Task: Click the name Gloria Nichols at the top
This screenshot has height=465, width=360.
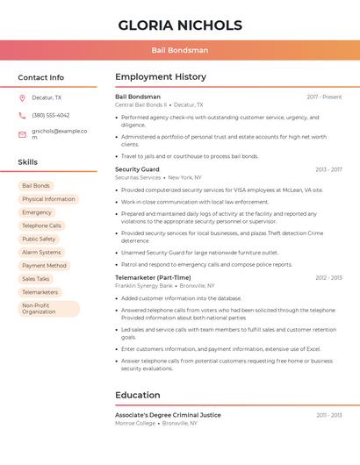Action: [x=180, y=25]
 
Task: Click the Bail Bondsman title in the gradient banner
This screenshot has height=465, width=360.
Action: [x=180, y=50]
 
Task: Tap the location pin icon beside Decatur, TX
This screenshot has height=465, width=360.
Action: [x=22, y=98]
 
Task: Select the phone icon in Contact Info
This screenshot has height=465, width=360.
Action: [x=22, y=115]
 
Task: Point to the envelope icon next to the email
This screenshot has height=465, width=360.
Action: [x=22, y=134]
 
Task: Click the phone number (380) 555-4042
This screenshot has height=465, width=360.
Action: [x=51, y=115]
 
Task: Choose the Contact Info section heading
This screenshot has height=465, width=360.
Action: [x=41, y=77]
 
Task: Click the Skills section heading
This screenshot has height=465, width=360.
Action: [x=28, y=162]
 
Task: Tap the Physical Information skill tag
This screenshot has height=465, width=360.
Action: [x=48, y=199]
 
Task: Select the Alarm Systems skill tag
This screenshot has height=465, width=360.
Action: [x=41, y=252]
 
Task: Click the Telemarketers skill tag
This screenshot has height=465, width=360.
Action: [x=40, y=292]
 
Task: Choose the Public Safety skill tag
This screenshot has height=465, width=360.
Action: [x=39, y=239]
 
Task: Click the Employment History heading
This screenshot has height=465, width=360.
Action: [x=161, y=77]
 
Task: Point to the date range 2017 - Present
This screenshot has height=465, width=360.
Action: [x=324, y=97]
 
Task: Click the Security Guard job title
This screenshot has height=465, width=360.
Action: [x=137, y=169]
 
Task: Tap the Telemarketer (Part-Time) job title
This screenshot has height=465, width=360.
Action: [x=153, y=277]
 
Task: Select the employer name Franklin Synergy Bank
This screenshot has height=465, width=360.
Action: [x=144, y=286]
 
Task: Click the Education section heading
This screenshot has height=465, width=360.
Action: [x=138, y=395]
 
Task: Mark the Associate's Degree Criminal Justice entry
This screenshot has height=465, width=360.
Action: [x=168, y=415]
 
